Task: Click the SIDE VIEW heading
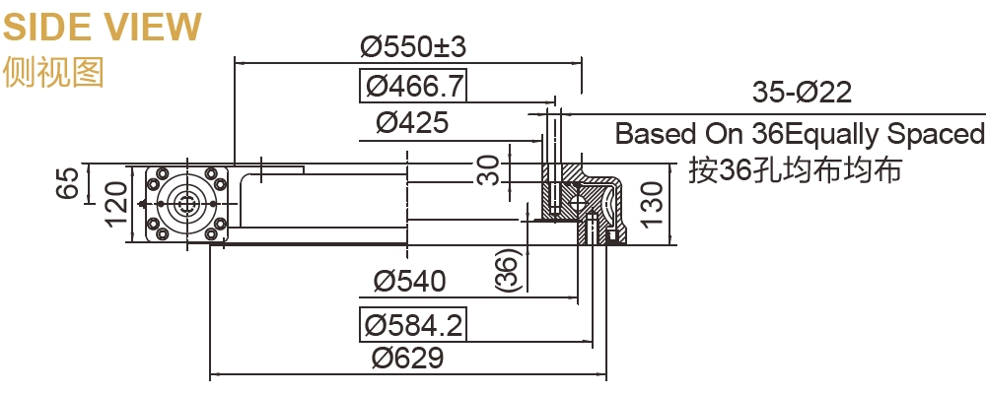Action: point(102,27)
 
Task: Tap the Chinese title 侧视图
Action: point(53,73)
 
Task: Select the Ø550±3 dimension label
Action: point(412,46)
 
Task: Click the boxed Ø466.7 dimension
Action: point(412,86)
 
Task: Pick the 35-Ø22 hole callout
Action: point(801,94)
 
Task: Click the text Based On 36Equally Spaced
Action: point(800,134)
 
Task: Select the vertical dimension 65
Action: point(67,184)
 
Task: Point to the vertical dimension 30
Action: point(487,168)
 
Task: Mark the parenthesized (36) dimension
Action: point(505,270)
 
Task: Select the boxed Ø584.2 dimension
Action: point(412,323)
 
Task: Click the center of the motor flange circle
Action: point(186,204)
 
